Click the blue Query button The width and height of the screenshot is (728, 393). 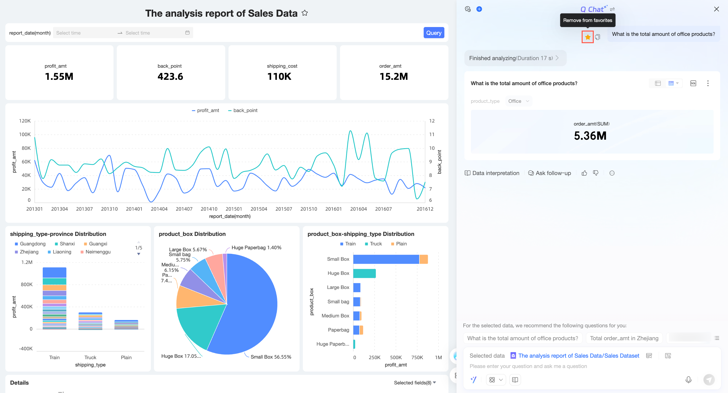[434, 33]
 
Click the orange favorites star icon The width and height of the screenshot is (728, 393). [587, 37]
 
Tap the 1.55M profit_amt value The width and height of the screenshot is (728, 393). [59, 76]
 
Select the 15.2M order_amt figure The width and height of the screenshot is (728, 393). [394, 76]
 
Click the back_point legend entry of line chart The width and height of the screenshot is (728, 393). [243, 110]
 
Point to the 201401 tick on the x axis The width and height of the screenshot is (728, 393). [134, 209]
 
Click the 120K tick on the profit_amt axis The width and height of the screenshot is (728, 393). [25, 121]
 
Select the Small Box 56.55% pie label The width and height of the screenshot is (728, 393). [271, 357]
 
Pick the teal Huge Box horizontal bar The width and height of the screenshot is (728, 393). [364, 273]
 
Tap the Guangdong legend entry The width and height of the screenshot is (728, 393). [30, 244]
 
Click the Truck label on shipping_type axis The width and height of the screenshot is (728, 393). [90, 357]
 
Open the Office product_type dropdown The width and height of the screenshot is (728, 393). [518, 101]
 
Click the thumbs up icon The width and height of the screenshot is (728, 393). [584, 173]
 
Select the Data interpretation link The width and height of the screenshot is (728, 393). [492, 173]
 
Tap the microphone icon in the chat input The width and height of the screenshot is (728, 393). [688, 380]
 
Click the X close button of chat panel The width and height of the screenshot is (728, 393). [716, 9]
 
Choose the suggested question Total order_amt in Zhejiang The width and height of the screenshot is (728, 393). [624, 338]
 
